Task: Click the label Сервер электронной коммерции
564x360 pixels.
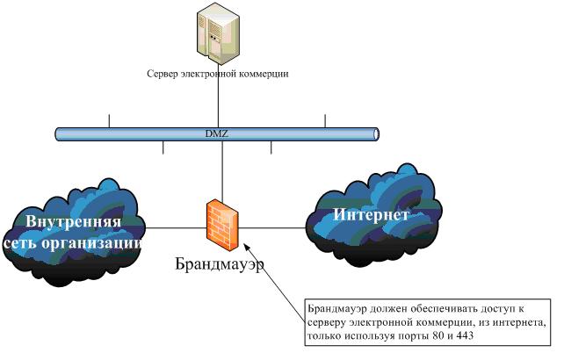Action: pos(217,74)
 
